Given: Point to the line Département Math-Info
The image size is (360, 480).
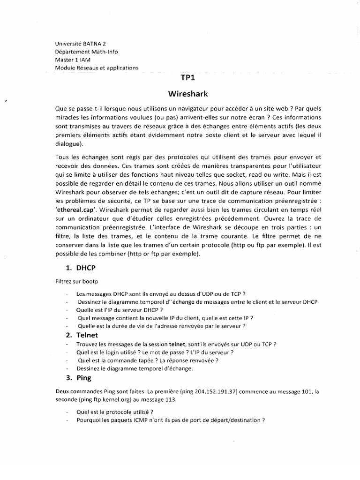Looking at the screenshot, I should pos(87,51).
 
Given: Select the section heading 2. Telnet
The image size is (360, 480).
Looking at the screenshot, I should pos(82,335).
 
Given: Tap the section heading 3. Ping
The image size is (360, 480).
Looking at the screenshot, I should pos(78,377).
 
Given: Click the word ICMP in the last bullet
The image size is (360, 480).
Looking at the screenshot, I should pos(128,420).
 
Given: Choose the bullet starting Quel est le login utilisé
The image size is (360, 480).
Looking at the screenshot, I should pos(155,352).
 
